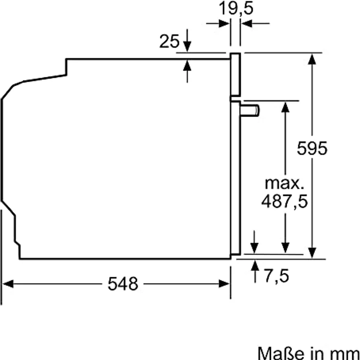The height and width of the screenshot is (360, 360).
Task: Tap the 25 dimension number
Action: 169,42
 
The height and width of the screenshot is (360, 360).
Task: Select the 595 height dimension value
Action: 312,148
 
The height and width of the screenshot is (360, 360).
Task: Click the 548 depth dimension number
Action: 123,284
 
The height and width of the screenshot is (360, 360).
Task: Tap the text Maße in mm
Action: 308,352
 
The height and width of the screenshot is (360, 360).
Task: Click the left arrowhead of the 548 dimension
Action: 8,284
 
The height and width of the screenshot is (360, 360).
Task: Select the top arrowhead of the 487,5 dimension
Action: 285,106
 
